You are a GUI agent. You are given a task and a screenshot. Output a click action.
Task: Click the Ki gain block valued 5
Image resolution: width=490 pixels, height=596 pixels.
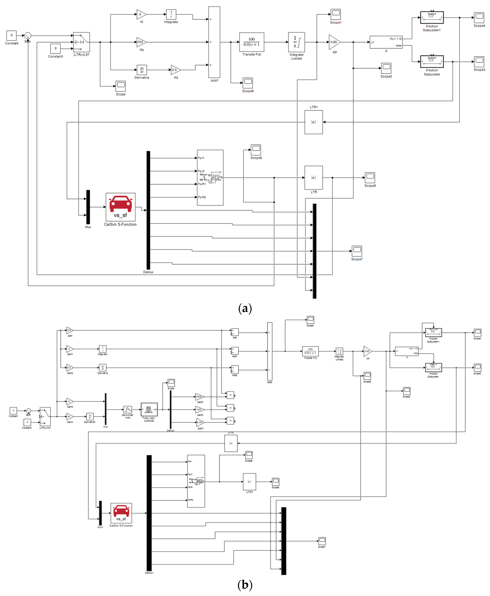point(141,14)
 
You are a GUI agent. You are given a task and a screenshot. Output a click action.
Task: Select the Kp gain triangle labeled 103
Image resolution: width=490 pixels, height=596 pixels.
point(141,42)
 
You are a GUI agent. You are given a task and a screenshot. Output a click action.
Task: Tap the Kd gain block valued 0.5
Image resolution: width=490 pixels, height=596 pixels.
point(175,70)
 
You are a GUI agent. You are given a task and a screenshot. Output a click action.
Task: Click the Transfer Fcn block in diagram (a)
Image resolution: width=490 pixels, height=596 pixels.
point(251,42)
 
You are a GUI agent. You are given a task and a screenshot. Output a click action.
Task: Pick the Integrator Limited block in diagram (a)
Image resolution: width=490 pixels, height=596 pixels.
point(296,42)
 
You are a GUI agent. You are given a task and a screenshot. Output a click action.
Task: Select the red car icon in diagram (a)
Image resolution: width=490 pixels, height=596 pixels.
point(121,204)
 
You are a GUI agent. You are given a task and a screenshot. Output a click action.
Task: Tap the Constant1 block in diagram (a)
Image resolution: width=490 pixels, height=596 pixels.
point(55,48)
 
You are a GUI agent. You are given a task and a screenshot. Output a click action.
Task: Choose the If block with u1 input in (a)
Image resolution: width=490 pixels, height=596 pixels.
point(386,42)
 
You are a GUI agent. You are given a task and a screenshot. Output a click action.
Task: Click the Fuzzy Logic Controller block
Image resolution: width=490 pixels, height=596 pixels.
point(149,409)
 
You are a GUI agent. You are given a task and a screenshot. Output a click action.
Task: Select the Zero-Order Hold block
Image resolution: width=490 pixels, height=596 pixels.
point(128,409)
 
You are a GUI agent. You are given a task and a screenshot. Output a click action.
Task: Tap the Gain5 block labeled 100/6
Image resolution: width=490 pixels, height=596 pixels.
point(199,397)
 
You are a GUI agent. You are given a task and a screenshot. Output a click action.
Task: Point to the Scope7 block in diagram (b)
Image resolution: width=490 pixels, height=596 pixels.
point(322,541)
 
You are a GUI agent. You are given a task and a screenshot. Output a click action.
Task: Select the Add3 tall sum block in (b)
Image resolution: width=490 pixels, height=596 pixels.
point(270,351)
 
